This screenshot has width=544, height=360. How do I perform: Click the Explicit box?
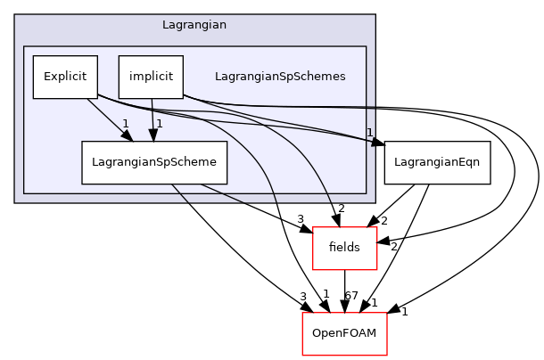point(64,77)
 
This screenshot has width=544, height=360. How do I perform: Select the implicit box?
point(151,77)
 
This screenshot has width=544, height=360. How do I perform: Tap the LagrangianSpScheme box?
point(154,162)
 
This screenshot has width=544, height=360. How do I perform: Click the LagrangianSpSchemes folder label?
point(280,77)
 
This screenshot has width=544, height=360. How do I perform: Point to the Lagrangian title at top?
point(194,25)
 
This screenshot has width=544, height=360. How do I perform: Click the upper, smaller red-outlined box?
point(344,248)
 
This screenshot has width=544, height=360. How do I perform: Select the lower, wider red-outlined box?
point(344,333)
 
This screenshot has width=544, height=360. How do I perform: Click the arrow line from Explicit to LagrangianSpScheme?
point(107,118)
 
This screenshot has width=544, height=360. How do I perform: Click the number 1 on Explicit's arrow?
point(126,124)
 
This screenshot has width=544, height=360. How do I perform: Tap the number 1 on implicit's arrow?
point(160,124)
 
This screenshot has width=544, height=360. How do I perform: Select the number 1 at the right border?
point(369,133)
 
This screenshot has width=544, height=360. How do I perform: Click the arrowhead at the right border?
point(375,141)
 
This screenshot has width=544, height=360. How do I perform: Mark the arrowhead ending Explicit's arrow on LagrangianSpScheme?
point(128,136)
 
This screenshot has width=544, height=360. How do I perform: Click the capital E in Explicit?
point(47,77)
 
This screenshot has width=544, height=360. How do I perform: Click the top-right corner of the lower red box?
point(386,313)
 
